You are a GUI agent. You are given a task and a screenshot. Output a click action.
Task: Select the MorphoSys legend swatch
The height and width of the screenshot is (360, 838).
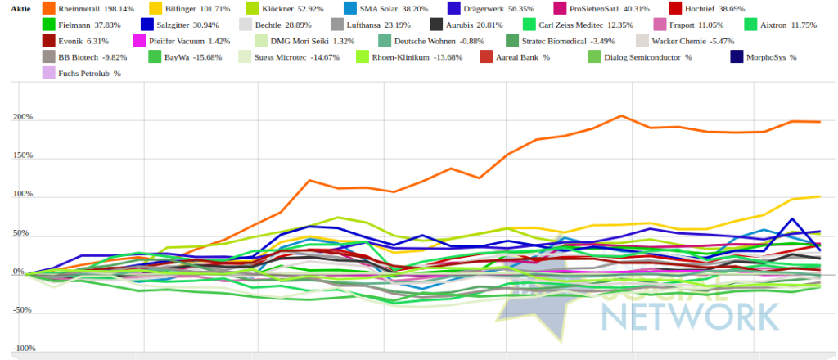[x=737, y=57]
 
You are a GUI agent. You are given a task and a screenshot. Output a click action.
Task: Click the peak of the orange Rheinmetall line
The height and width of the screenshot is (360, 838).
[x=622, y=115]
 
